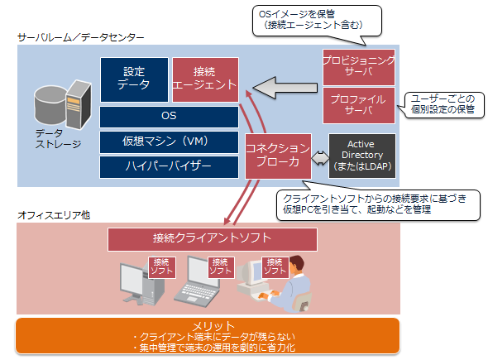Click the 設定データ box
pos(134,79)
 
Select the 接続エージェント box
pos(205,79)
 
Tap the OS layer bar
pos(169,117)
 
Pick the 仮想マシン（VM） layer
pos(169,142)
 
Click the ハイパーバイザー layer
pos(169,167)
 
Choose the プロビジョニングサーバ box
pos(359,67)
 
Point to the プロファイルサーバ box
pos(359,105)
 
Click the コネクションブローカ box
pos(278,156)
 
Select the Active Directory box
pos(362,156)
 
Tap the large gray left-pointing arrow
pos(285,88)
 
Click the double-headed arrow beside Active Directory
pos(320,158)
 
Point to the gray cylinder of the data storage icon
pos(50,105)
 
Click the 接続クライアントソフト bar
pos(213,239)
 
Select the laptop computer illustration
pos(196,282)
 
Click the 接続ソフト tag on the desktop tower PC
pos(162,267)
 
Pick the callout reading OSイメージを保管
pos(317,22)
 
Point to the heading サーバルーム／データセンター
pos(80,38)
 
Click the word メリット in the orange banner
pos(213,326)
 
